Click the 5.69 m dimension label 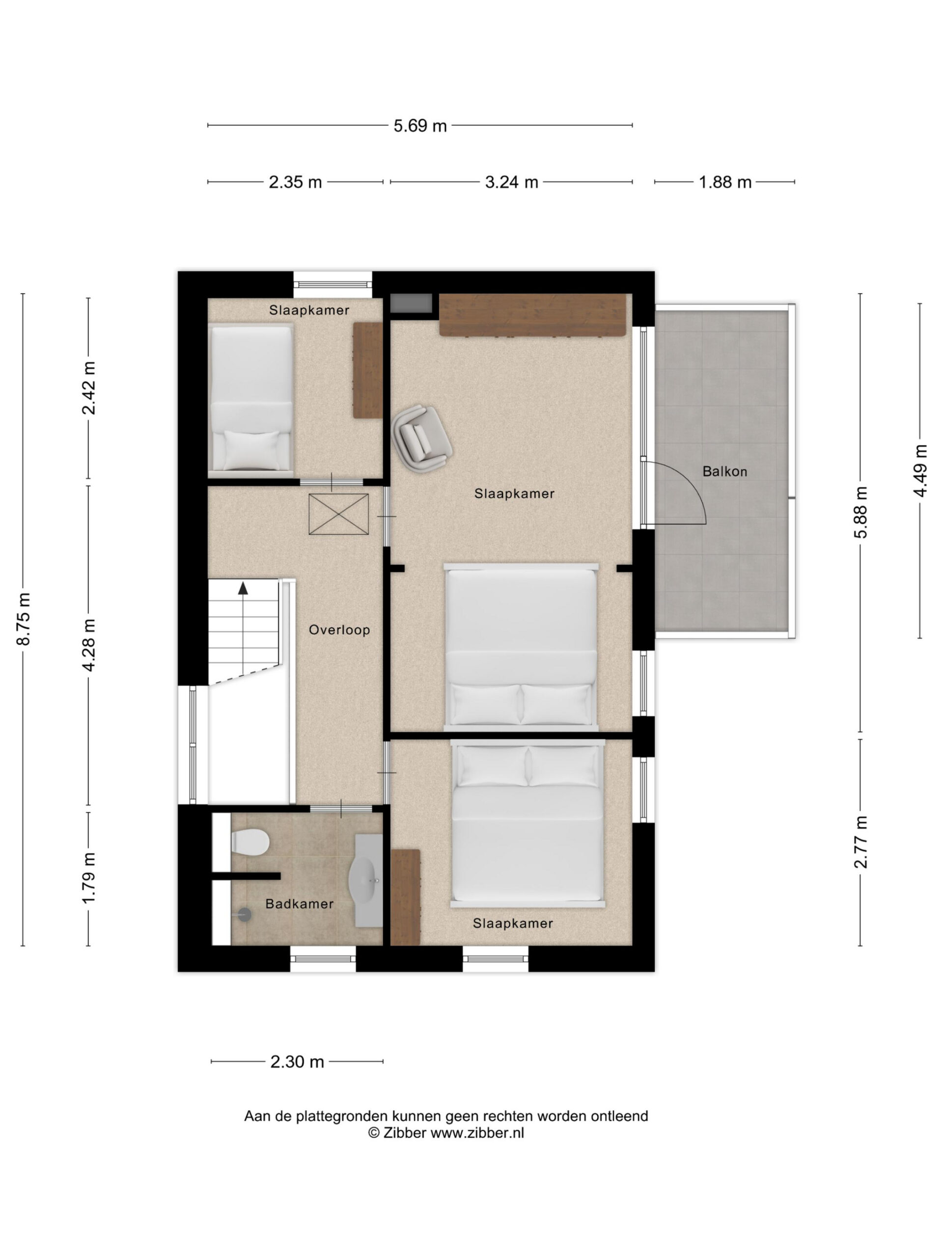(420, 126)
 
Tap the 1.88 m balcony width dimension (725, 182)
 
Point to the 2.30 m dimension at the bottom (297, 1061)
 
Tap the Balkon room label (725, 471)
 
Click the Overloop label (339, 629)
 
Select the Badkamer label (300, 903)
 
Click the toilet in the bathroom (250, 841)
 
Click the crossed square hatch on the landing (338, 514)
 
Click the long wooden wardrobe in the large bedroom (532, 314)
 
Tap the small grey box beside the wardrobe (411, 302)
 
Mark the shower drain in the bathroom (245, 914)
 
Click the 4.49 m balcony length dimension (920, 470)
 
